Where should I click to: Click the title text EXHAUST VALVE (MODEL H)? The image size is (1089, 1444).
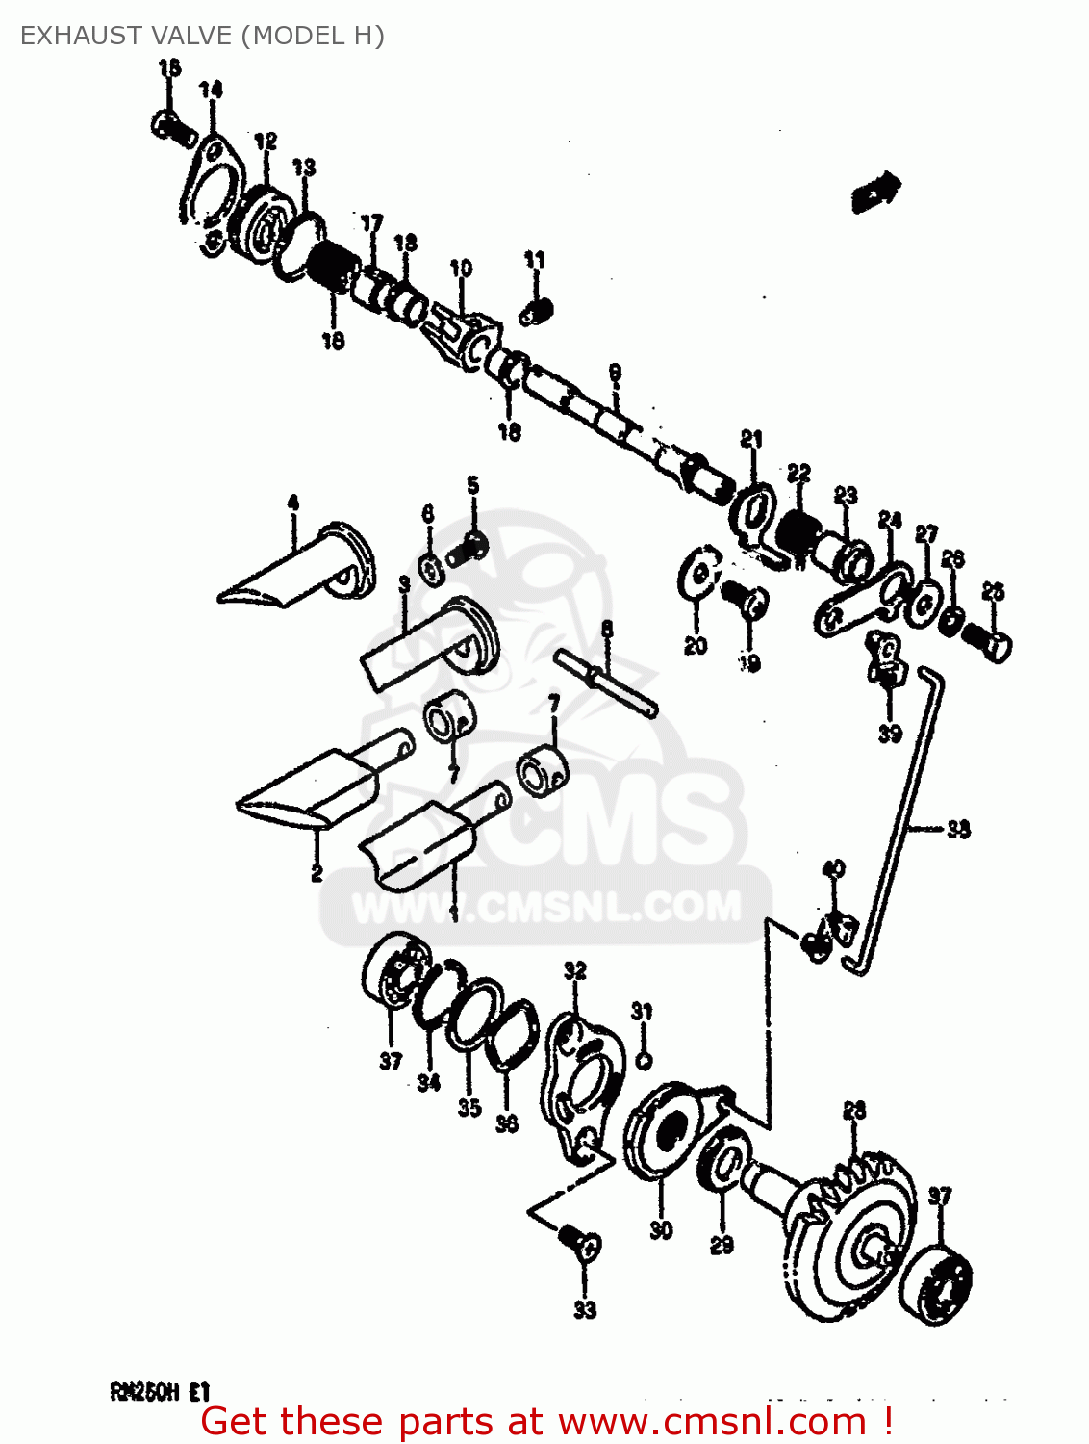(x=202, y=36)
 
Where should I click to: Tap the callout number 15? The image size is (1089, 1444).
(x=169, y=67)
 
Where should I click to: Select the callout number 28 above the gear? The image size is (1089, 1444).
(x=854, y=1110)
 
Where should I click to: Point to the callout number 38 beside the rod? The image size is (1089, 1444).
(x=958, y=828)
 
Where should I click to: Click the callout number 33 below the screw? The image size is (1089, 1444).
(x=585, y=1309)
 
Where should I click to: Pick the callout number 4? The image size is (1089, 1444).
(x=293, y=502)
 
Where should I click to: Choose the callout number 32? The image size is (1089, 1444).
(x=574, y=970)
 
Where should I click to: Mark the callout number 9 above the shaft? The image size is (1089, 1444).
(x=615, y=373)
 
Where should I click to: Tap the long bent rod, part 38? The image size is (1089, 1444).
(x=899, y=818)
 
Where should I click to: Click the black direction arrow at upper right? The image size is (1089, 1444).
(x=875, y=191)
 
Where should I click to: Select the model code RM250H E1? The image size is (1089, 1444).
(x=160, y=1391)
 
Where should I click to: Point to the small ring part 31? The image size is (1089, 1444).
(x=645, y=1060)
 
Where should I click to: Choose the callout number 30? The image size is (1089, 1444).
(x=661, y=1229)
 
